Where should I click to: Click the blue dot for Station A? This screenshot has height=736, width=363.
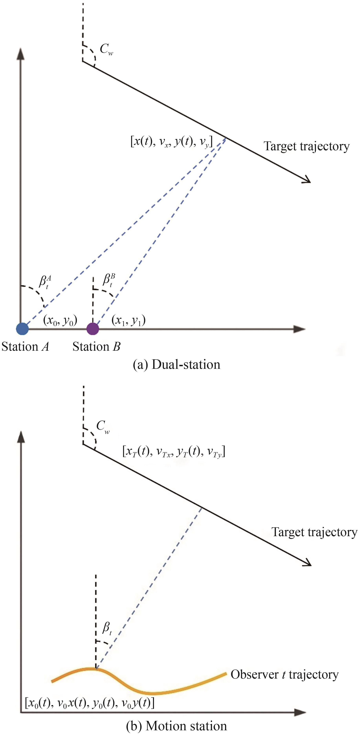click(22, 329)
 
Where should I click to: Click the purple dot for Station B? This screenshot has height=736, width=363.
click(93, 329)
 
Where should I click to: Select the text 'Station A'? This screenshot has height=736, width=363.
click(25, 347)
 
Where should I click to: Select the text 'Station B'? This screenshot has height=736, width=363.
click(96, 347)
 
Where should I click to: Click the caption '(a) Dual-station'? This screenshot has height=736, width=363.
click(177, 365)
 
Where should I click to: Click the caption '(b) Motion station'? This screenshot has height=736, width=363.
click(177, 726)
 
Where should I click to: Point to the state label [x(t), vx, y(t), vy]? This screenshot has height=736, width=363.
click(171, 141)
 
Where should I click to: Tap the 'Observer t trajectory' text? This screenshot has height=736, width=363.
click(284, 674)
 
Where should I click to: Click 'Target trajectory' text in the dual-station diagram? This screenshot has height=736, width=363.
click(306, 146)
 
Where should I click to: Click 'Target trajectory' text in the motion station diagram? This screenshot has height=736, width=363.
click(314, 532)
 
